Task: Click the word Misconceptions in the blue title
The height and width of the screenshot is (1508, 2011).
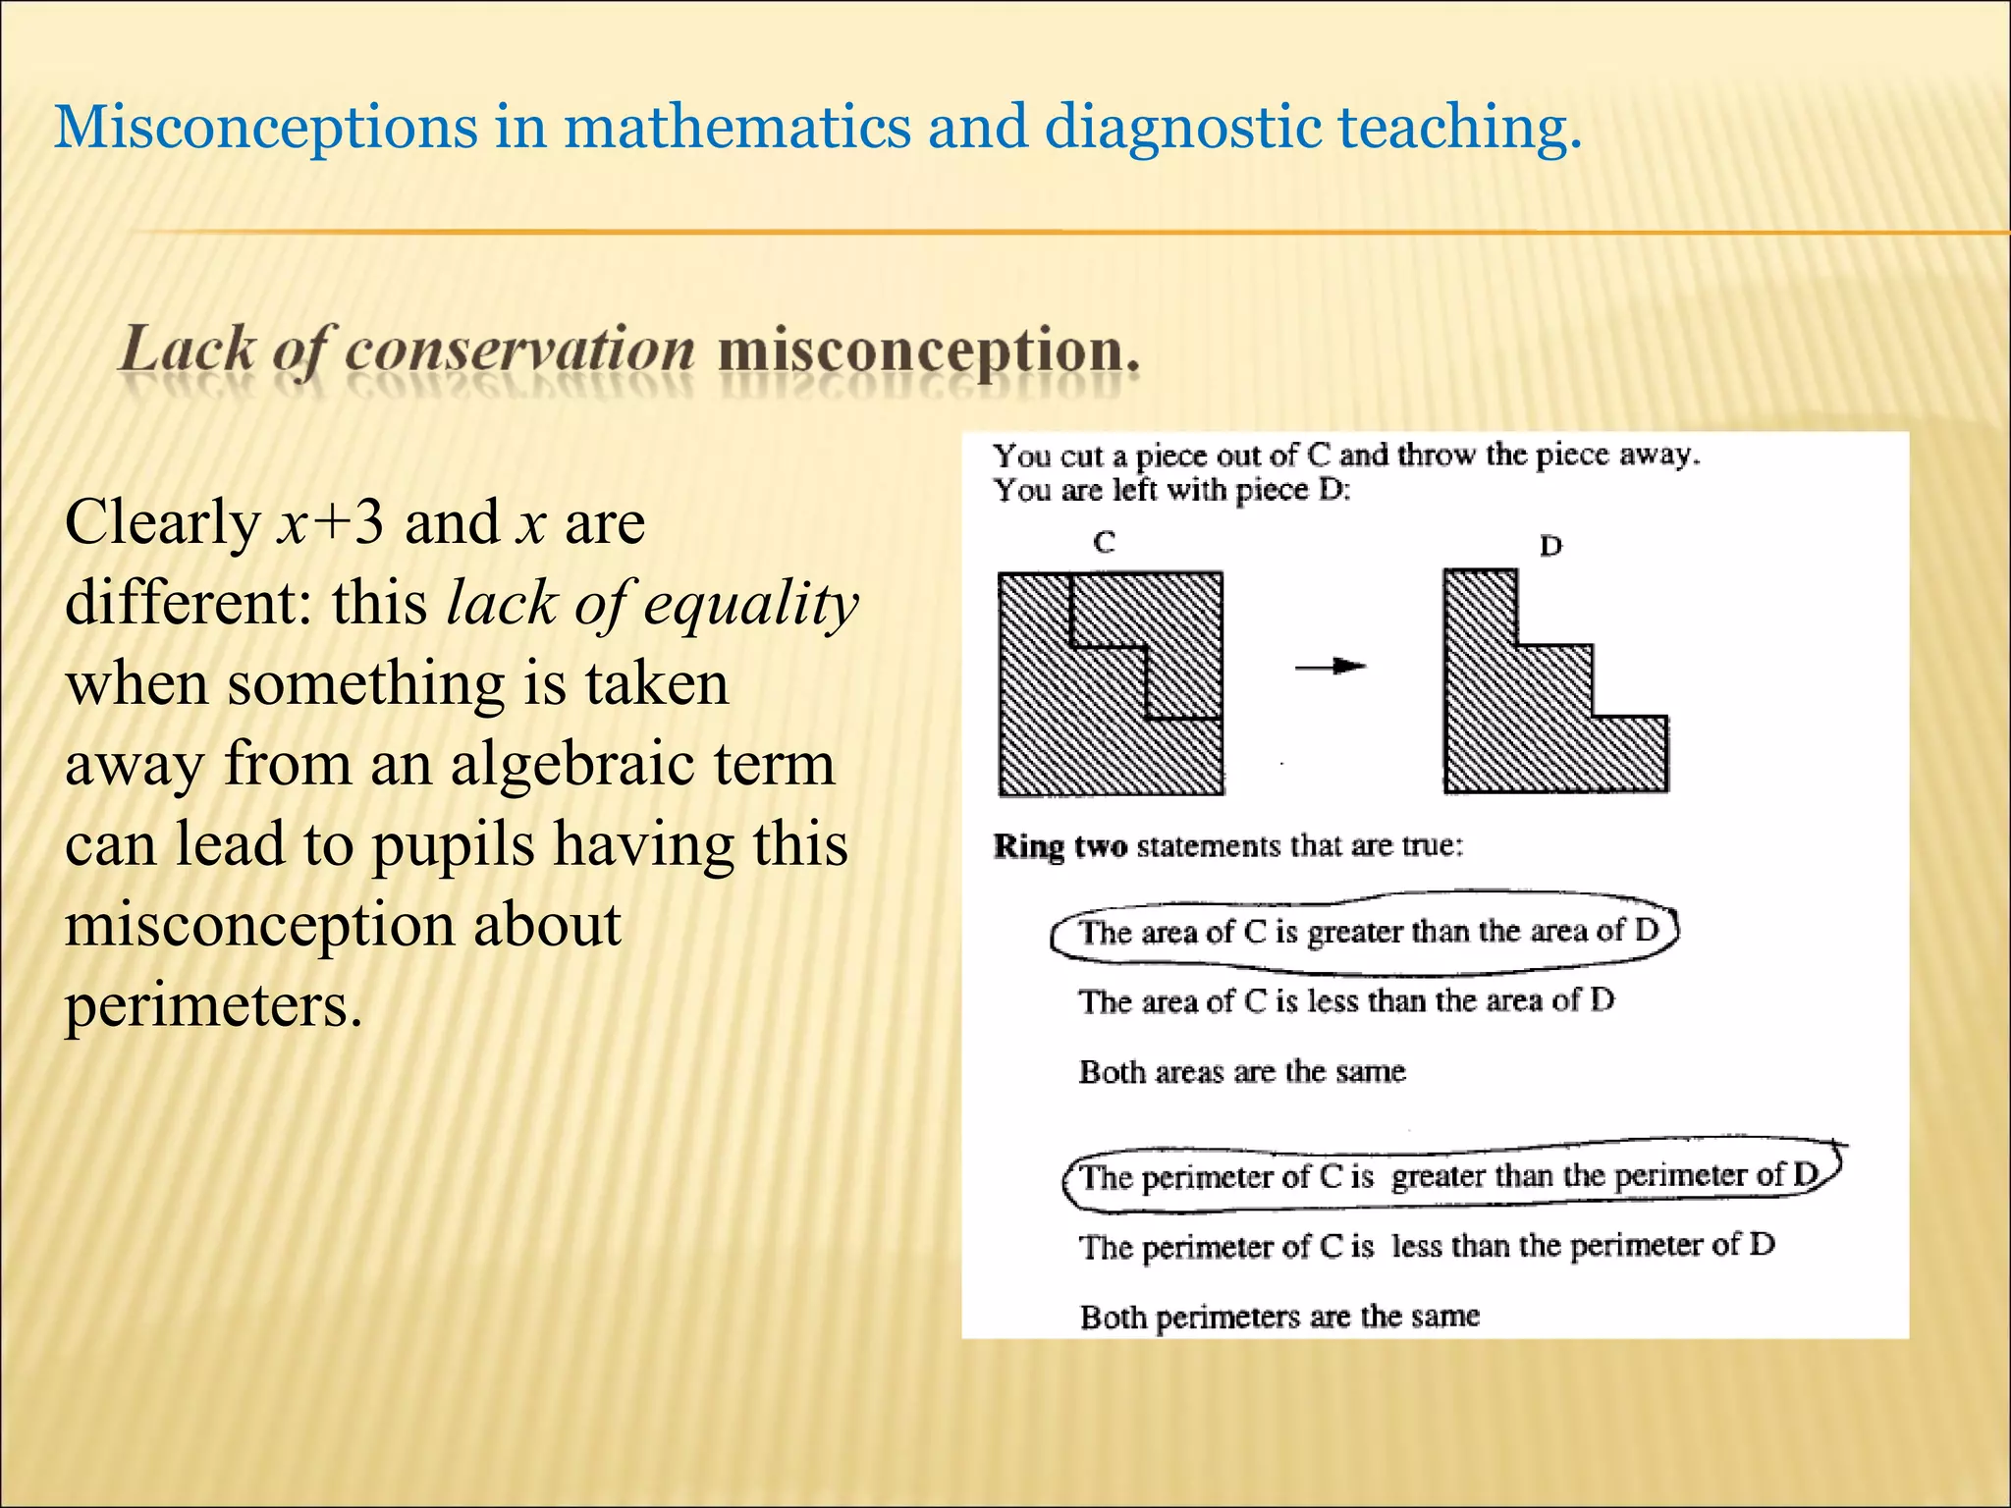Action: pos(265,128)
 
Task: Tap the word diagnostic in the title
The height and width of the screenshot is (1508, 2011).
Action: pos(1182,128)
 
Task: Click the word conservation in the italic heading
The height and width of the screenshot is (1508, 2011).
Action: pos(518,350)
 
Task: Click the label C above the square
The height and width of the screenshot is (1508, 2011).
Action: pos(1104,542)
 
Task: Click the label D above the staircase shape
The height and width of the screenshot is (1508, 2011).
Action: pos(1550,545)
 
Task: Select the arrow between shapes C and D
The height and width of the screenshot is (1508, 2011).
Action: pos(1330,667)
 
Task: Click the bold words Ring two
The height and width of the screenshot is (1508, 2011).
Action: pos(1060,846)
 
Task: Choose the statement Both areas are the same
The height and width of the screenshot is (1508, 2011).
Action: pos(1241,1071)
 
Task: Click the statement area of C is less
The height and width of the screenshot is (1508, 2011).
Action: pos(1345,1001)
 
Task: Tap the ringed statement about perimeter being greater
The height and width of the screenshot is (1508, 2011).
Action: pos(1449,1175)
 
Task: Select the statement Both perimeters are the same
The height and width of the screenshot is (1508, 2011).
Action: pos(1278,1317)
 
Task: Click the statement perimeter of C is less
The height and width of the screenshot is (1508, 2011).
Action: pos(1426,1246)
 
